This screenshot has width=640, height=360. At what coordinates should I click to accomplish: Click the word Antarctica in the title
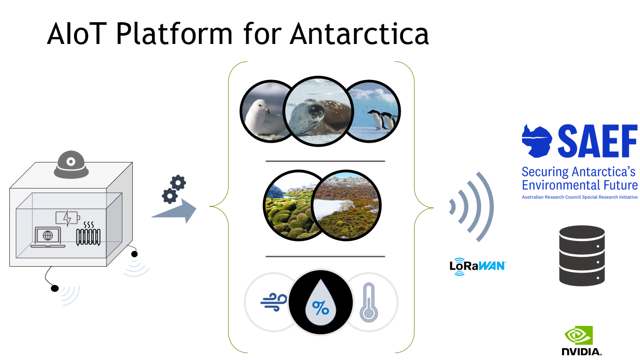point(359,34)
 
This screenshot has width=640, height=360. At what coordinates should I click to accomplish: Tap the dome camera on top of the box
point(72,164)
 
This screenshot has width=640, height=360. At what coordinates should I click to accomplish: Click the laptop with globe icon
point(48,237)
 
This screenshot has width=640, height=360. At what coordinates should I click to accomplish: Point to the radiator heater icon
point(88,235)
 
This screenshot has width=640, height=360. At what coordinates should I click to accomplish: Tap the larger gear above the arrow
point(178,183)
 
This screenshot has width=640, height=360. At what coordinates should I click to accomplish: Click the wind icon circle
point(270,301)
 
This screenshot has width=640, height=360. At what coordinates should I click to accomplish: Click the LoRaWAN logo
point(477,265)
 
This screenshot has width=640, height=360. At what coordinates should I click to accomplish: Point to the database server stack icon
point(582,255)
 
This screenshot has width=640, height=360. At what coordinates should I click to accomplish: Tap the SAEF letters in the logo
point(597,141)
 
